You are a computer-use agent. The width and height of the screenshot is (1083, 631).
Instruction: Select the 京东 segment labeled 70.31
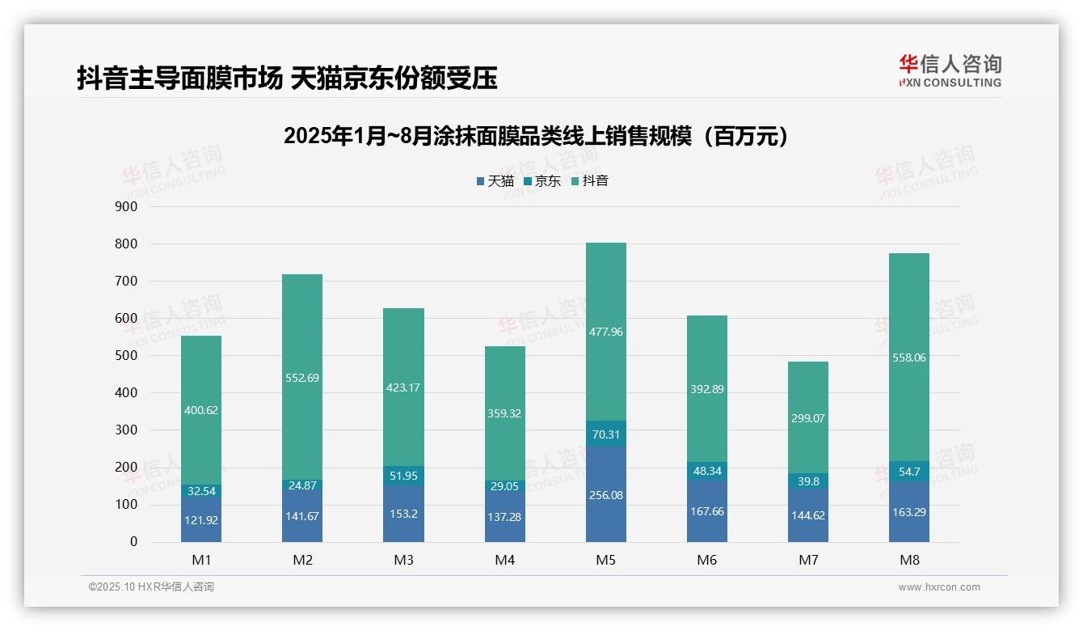click(x=605, y=434)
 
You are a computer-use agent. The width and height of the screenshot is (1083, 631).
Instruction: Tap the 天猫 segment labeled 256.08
click(x=605, y=494)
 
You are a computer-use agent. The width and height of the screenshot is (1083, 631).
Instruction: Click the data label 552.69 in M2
click(x=302, y=377)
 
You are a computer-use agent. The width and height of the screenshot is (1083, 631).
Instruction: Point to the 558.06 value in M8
click(x=909, y=358)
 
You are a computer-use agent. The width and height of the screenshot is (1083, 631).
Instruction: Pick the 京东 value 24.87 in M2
click(x=302, y=485)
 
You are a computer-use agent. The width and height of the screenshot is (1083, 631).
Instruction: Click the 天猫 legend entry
click(x=495, y=181)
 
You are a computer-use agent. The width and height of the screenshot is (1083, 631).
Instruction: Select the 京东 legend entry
click(x=542, y=181)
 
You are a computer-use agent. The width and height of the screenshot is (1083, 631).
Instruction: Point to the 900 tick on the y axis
click(x=128, y=207)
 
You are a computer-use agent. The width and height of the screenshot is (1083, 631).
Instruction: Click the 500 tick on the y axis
click(x=128, y=356)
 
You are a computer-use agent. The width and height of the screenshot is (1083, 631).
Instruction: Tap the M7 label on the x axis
click(x=808, y=560)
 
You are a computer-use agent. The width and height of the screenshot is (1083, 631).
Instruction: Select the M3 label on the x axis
click(x=403, y=560)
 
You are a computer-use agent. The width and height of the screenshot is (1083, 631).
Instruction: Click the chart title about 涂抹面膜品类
click(x=536, y=136)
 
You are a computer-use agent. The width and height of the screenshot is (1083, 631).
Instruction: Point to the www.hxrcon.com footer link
click(x=939, y=587)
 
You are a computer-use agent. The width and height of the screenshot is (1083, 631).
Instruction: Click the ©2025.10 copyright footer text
click(x=151, y=587)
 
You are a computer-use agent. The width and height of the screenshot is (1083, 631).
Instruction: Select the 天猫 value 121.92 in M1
click(x=201, y=520)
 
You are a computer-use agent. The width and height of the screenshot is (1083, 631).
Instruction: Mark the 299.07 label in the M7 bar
click(x=808, y=418)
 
